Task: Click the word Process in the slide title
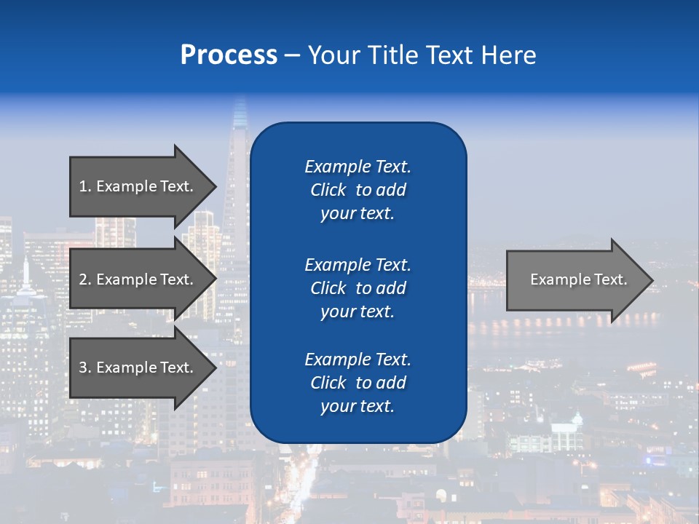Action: point(229,55)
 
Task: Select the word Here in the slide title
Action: point(509,55)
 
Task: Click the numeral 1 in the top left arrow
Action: point(83,186)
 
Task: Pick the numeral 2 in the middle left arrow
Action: point(83,279)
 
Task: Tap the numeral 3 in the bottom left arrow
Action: point(83,368)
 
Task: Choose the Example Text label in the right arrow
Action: point(579,279)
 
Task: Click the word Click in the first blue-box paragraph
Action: point(328,190)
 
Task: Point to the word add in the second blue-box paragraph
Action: point(391,288)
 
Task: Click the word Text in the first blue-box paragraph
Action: point(393,167)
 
